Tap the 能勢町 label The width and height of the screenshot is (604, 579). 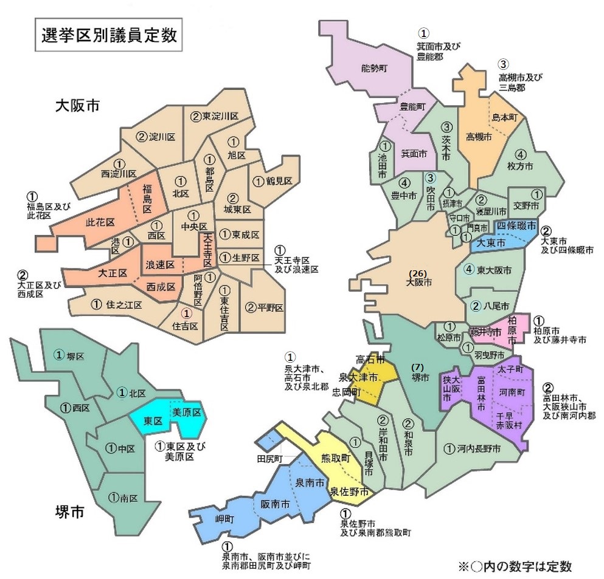coord(373,68)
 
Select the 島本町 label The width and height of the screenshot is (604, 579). coord(504,117)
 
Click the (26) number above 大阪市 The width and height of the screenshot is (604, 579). coord(419,272)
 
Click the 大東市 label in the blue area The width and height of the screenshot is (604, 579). coord(491,242)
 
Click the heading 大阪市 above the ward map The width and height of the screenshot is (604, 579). coord(77,104)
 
